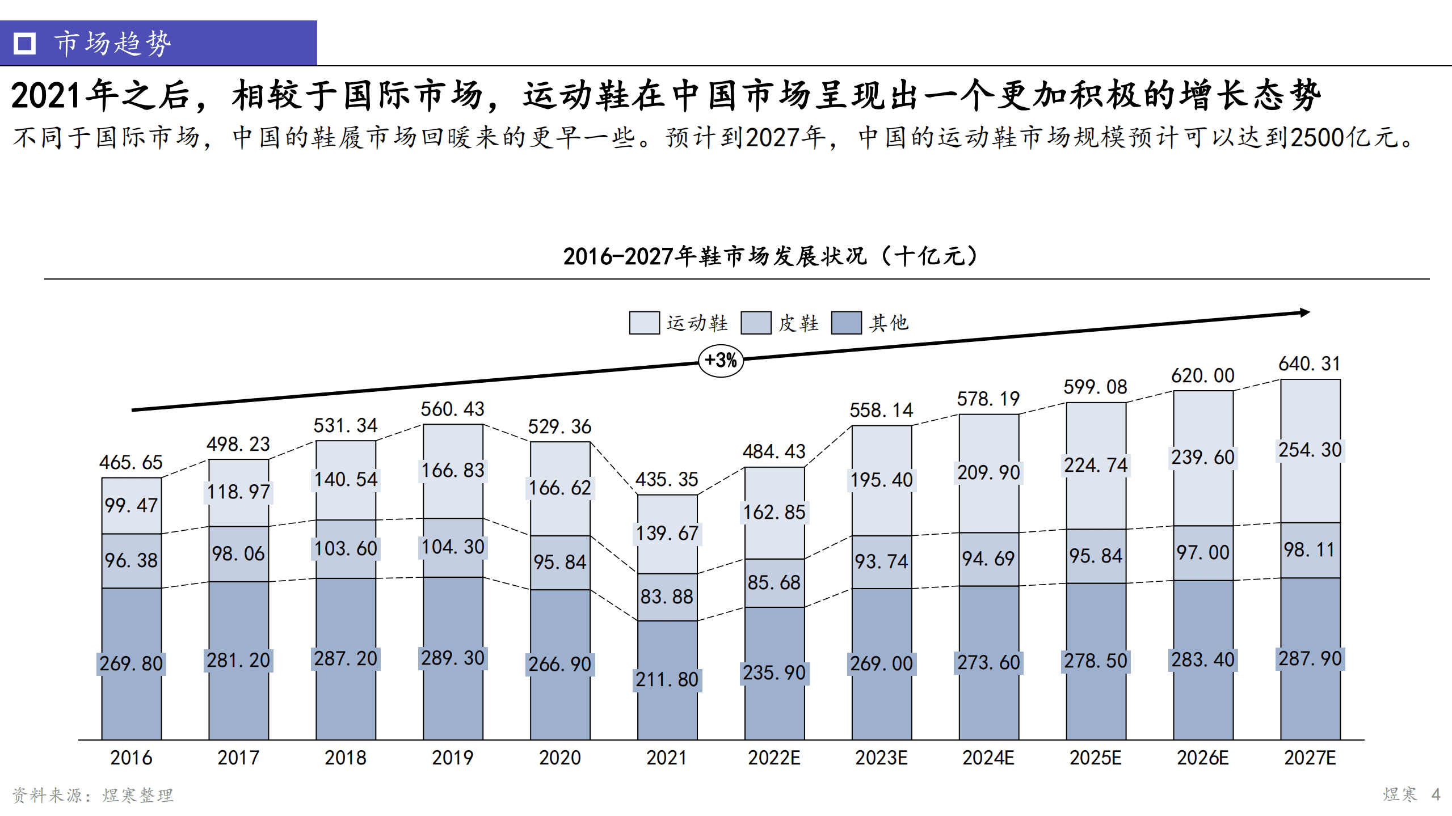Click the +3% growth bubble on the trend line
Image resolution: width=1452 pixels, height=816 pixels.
click(x=720, y=360)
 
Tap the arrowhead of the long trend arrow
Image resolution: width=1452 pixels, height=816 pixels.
click(x=1304, y=312)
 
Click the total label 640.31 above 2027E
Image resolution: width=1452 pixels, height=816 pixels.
click(x=1309, y=363)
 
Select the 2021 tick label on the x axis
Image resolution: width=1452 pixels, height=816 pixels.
click(x=666, y=758)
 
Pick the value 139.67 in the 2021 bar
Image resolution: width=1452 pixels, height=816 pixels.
click(x=667, y=533)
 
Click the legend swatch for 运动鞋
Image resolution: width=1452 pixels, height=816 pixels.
click(x=644, y=323)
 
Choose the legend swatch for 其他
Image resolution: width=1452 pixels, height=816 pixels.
click(x=846, y=323)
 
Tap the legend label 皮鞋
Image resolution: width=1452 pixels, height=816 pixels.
click(x=798, y=323)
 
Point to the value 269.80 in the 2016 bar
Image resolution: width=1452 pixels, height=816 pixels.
click(x=131, y=663)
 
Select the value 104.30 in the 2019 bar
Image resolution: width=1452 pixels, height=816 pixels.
click(x=452, y=547)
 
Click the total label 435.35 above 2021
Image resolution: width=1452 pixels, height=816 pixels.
click(x=666, y=479)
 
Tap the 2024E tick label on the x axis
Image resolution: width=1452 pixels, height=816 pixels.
click(x=988, y=758)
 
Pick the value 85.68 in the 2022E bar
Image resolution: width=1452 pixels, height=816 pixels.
click(x=773, y=582)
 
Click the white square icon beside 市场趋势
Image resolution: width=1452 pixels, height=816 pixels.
click(x=24, y=43)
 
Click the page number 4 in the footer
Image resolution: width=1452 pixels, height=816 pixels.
click(x=1436, y=794)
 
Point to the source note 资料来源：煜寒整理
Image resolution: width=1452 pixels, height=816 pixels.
click(x=92, y=795)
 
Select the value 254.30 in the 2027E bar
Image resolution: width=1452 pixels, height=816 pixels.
click(x=1309, y=450)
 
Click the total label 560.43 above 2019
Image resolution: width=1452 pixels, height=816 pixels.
click(x=452, y=409)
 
